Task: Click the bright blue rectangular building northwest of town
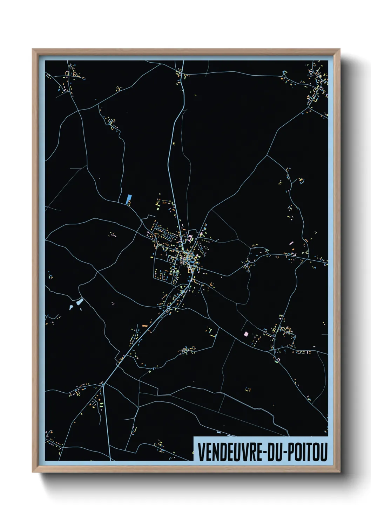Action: (x=128, y=199)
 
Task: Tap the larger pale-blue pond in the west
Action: (x=80, y=301)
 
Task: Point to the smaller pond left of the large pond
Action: (x=72, y=307)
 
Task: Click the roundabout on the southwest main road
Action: (x=169, y=307)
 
